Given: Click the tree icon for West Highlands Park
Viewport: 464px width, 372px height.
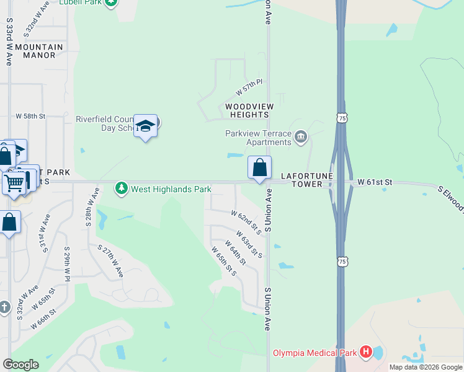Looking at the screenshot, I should click(x=121, y=188).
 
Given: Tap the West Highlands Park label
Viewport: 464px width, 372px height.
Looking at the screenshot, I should click(x=171, y=189).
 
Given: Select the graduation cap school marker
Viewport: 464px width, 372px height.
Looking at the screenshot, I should click(x=145, y=126).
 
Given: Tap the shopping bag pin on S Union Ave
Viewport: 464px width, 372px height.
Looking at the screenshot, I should click(x=259, y=167).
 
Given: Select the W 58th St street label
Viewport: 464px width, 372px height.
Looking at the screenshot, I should click(x=31, y=116).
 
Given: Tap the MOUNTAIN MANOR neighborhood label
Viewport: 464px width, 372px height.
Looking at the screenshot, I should click(x=39, y=51).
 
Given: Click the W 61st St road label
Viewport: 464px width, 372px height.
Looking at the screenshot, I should click(x=375, y=182).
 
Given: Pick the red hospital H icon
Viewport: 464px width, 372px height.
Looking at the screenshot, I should click(x=366, y=353).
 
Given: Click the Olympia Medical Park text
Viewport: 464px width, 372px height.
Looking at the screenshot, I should click(x=315, y=353).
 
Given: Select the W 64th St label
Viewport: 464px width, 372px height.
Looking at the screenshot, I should click(x=236, y=253).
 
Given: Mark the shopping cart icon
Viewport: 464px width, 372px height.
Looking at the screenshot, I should click(x=13, y=182).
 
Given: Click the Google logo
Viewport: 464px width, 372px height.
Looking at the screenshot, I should click(x=20, y=365).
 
